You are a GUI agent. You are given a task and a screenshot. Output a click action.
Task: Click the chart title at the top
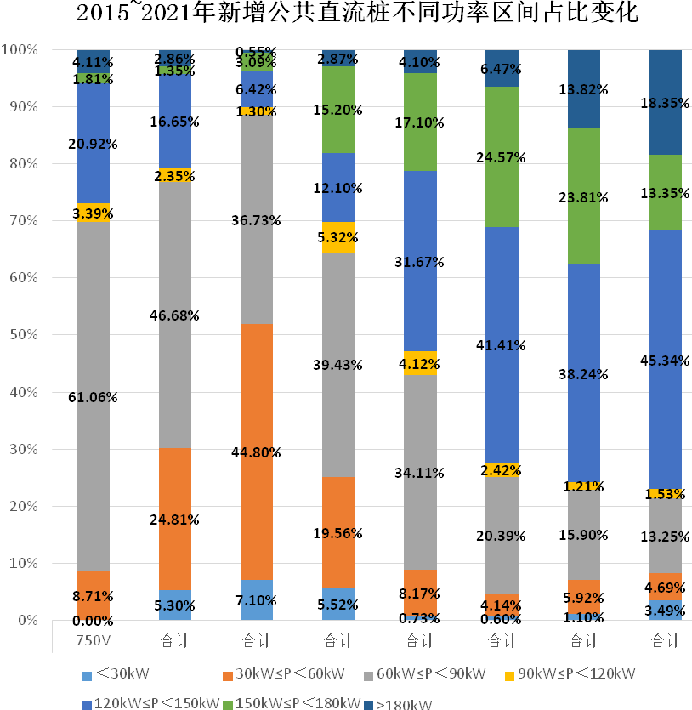coord(346,14)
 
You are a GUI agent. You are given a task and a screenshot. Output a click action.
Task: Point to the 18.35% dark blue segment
coord(666,101)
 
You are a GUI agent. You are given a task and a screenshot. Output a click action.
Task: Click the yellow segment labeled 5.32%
coord(338,237)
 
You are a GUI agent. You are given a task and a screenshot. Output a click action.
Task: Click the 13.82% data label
coord(583,89)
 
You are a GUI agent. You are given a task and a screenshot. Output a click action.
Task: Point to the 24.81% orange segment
coord(175,519)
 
